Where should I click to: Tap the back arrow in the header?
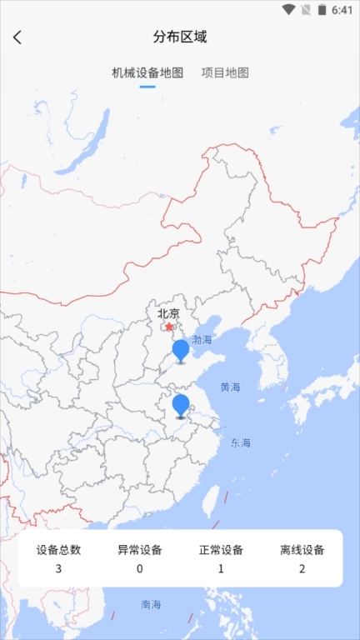coord(17,37)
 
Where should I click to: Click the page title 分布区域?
coord(180,37)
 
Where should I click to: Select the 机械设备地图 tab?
coord(147,72)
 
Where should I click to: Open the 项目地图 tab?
coord(225,72)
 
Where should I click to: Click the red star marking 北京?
coord(169,327)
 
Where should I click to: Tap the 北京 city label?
coord(168,314)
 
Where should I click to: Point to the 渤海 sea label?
coord(202,340)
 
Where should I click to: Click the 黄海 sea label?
coord(230,387)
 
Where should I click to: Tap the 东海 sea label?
coord(241,442)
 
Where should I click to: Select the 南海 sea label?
coord(151,604)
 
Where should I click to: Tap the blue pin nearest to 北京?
coord(181,350)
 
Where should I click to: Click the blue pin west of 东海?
coord(181,405)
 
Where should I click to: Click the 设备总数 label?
coord(58,550)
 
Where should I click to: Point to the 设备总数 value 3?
coord(58,569)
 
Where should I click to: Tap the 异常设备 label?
coord(139,550)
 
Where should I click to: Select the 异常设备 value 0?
coord(139,569)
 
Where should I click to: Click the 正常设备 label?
coord(221,550)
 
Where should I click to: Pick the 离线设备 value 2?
coord(302,569)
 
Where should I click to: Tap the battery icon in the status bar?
coord(322,10)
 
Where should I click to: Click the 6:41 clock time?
coord(342,10)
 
